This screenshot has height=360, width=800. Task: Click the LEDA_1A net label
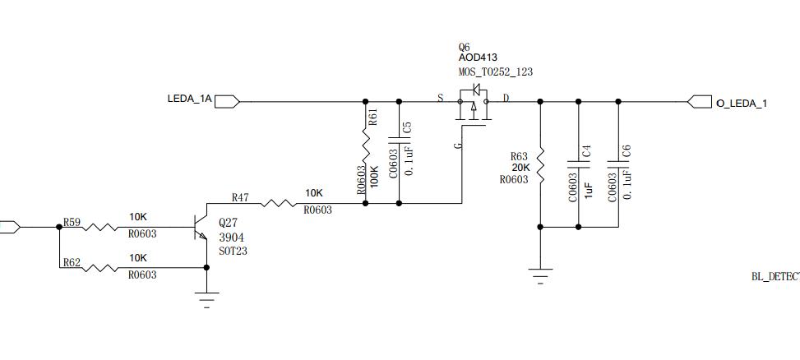tap(190, 99)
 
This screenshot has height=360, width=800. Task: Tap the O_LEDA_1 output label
tap(742, 104)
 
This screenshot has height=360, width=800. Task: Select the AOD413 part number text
tap(478, 58)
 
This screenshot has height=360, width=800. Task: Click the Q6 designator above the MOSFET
tap(465, 47)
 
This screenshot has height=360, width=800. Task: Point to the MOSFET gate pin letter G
tap(458, 145)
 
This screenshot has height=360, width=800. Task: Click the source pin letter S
tap(440, 99)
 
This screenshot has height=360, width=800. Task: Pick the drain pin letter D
tap(506, 99)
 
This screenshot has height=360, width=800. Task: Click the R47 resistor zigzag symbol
tap(280, 203)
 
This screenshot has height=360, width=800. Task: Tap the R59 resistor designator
tap(72, 222)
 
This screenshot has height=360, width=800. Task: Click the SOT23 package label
tap(233, 251)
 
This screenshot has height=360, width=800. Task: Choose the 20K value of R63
tap(520, 168)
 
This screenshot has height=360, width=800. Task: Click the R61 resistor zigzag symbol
tap(365, 153)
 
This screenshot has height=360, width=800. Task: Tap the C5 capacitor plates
tap(400, 153)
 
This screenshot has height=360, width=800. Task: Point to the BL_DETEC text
tap(775, 278)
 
